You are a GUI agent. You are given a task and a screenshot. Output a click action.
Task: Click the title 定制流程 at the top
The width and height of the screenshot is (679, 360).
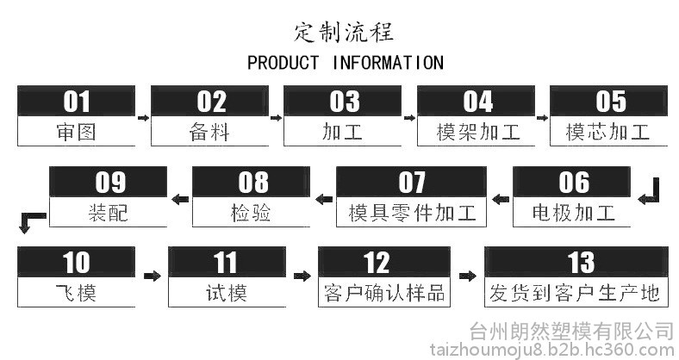click(344, 33)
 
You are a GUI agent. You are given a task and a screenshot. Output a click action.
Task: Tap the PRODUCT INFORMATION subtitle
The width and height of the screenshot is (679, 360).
click(345, 63)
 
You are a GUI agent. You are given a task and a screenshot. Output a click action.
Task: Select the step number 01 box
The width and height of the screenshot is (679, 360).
click(76, 101)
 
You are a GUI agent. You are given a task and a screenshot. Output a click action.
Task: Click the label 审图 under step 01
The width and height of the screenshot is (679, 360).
click(76, 132)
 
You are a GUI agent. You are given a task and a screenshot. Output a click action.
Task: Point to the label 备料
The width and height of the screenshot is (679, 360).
click(209, 132)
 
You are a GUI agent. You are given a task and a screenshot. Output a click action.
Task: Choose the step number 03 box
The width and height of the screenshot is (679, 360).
click(344, 101)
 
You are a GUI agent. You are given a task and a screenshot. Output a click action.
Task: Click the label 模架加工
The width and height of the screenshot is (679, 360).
click(477, 132)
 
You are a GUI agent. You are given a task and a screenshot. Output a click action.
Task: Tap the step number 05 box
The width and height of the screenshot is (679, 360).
click(610, 101)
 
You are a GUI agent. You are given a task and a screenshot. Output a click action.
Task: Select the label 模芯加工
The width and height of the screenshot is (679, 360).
click(610, 132)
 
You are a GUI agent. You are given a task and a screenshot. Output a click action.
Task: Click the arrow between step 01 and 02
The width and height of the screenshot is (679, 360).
click(142, 115)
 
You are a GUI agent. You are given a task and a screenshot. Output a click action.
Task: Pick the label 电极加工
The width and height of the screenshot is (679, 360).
click(573, 212)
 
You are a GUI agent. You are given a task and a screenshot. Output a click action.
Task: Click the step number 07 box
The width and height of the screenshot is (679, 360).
click(411, 182)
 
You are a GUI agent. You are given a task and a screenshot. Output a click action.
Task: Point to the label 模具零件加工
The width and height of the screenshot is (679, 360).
click(411, 212)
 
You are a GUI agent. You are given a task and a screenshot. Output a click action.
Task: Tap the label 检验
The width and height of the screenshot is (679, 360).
click(251, 212)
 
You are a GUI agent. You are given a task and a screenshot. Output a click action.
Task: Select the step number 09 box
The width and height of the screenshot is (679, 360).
click(109, 182)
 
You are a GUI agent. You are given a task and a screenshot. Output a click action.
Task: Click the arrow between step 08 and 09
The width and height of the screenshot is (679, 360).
click(180, 200)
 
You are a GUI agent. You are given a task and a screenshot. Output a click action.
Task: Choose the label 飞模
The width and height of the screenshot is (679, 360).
click(76, 293)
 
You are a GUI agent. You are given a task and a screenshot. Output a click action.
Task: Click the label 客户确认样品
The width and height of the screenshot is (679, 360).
click(383, 293)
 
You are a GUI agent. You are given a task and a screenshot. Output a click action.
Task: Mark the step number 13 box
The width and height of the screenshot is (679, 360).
click(576, 262)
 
